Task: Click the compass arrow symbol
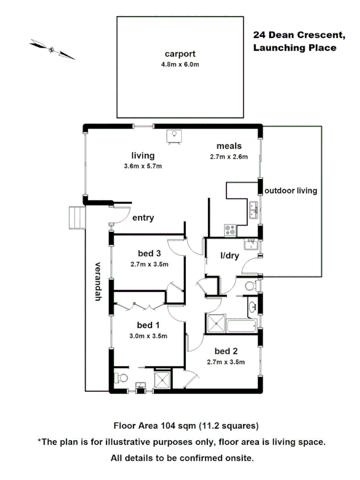click(x=52, y=49)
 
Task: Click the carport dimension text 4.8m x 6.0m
click(x=180, y=65)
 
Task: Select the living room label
click(x=143, y=156)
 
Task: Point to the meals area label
click(x=229, y=146)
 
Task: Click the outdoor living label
click(x=291, y=190)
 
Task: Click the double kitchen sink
click(x=253, y=210)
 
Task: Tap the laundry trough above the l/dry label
click(x=251, y=245)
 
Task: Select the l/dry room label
click(x=229, y=257)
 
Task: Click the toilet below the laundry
click(x=249, y=287)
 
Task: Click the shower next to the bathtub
click(x=216, y=323)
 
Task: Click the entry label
click(x=143, y=218)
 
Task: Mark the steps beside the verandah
click(x=76, y=218)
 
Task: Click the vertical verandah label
click(x=98, y=282)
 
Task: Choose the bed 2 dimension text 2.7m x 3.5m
click(x=226, y=362)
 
